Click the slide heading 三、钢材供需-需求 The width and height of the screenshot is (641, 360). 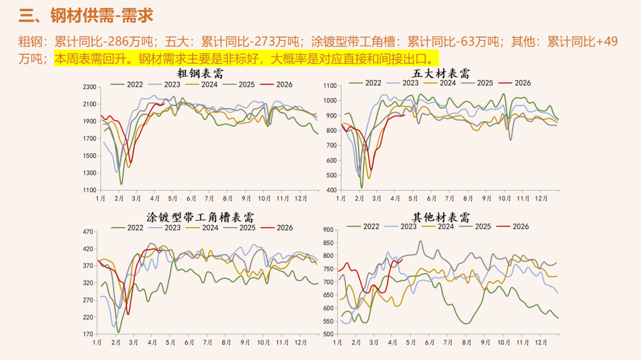[x=86, y=16]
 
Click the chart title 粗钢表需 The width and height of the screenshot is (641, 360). [x=200, y=74]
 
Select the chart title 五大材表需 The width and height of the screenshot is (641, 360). [x=441, y=73]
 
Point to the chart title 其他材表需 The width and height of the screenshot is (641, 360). [x=441, y=217]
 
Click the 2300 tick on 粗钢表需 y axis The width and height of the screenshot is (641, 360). [x=89, y=87]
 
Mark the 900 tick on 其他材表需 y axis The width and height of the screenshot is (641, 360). [x=328, y=230]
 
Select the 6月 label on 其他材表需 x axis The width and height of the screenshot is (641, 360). [x=429, y=343]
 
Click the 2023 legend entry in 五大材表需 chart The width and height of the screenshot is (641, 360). [x=410, y=83]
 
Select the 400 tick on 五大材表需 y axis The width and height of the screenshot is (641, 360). [x=330, y=190]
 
